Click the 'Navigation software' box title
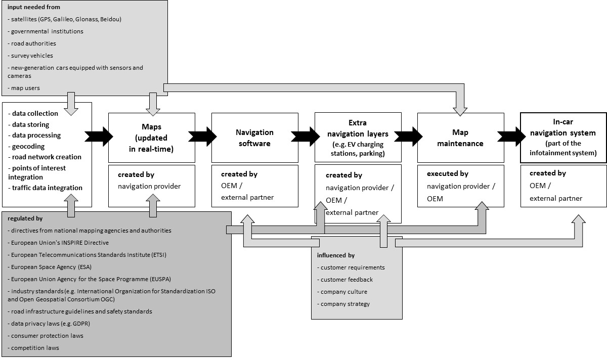254,138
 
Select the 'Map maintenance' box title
460,138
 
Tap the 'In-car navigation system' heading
563,127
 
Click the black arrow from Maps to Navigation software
202,137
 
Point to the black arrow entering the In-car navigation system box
511,137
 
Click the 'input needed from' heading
34,7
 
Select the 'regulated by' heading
25,218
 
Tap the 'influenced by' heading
336,255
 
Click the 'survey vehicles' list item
30,56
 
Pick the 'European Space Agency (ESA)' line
50,267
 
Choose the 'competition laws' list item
33,348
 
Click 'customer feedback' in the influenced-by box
345,280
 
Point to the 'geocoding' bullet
26,147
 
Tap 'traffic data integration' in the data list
45,188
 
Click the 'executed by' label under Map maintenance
448,173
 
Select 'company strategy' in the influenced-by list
343,304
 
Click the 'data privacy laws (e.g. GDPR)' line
49,324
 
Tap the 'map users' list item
24,88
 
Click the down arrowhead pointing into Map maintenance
460,112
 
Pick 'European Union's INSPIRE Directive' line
58,243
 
